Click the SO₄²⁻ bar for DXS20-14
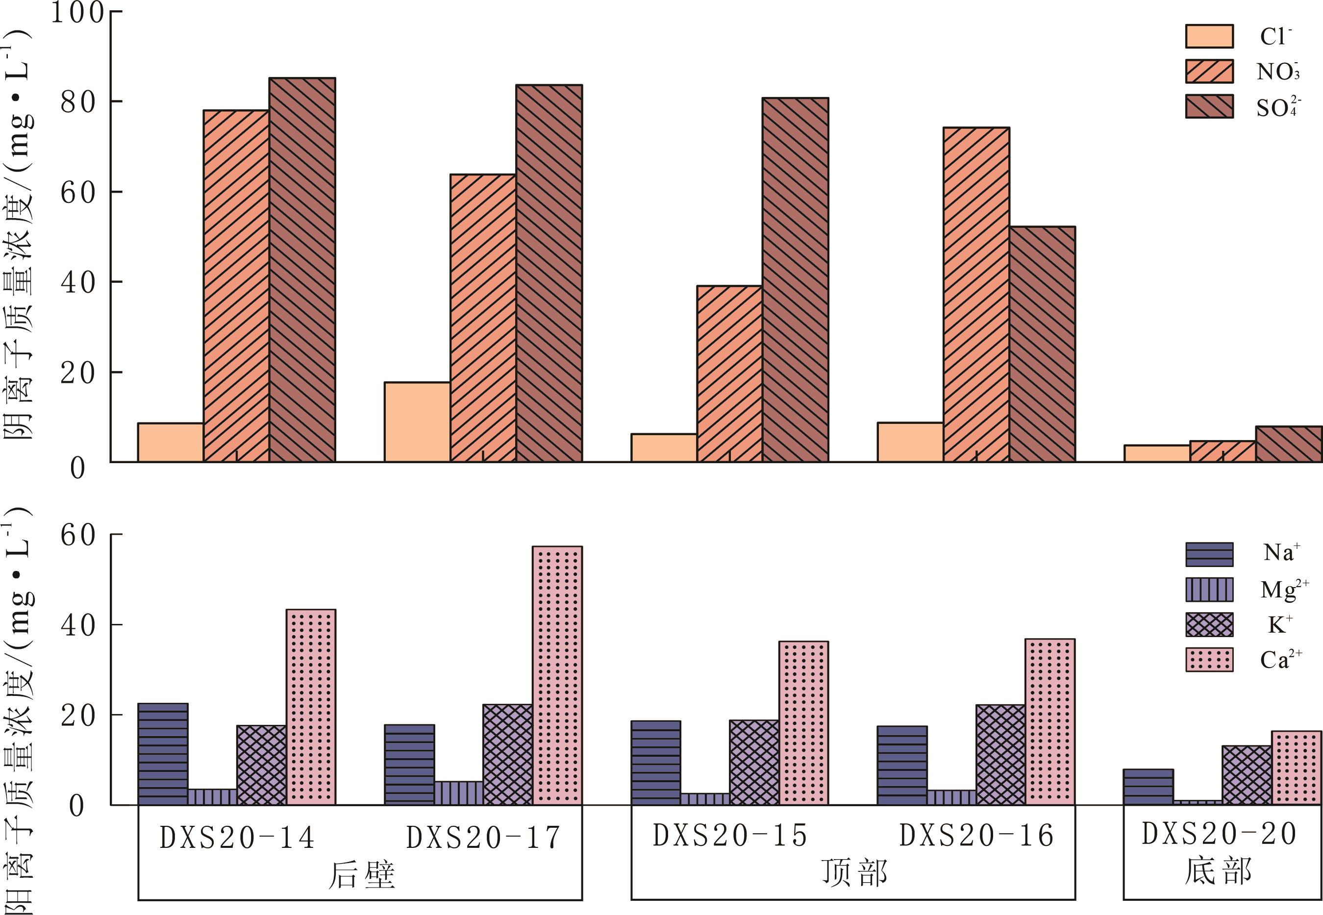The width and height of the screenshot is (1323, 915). pos(302,270)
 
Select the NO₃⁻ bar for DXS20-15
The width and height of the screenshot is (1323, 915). pos(729,374)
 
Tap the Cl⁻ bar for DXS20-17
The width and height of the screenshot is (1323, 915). pos(417,422)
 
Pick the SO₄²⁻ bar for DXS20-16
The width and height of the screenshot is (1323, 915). pos(1042,344)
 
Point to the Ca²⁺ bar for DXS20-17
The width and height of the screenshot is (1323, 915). pos(557,675)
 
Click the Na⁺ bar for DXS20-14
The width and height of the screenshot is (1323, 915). pos(163,754)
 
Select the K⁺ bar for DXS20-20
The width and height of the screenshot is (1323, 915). pos(1247,775)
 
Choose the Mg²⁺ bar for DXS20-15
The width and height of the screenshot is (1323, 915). pos(705,799)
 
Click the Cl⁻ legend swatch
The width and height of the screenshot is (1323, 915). pos(1209,36)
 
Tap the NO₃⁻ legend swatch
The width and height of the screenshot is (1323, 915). pos(1209,71)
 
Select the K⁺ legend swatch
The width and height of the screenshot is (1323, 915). pos(1209,624)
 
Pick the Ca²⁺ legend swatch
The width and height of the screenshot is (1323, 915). pos(1209,660)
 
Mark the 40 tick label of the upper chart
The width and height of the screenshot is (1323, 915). pos(78,282)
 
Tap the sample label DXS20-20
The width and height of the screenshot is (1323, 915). pos(1219,834)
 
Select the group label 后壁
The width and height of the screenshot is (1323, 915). pos(361,875)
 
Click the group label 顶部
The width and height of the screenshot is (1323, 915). pos(854,873)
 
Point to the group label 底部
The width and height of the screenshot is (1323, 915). pos(1218,871)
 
